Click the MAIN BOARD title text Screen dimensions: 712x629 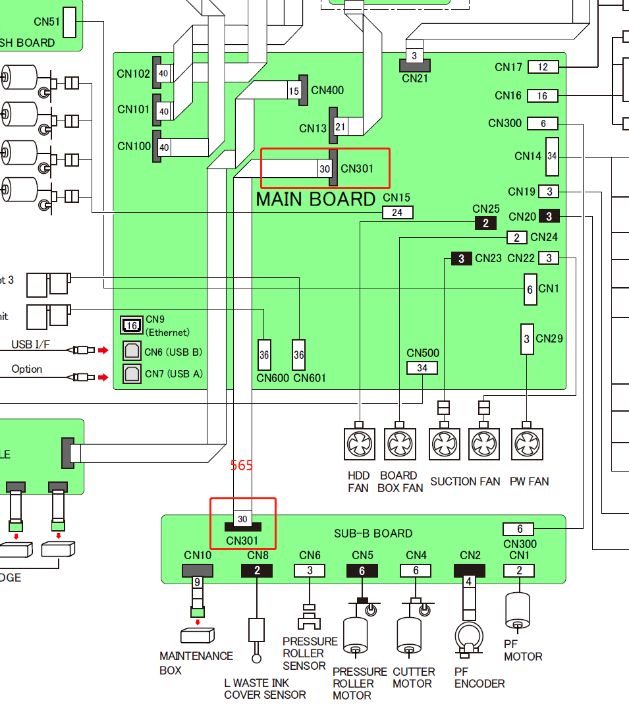click(x=315, y=199)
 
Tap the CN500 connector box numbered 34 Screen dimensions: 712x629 click(x=422, y=368)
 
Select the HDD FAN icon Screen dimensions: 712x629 click(x=360, y=445)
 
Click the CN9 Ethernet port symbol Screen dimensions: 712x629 click(x=131, y=325)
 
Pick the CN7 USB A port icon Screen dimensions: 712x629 click(x=132, y=373)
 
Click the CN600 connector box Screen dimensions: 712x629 click(x=264, y=355)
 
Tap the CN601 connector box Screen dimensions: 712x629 click(x=299, y=355)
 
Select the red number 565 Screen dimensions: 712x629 click(x=242, y=465)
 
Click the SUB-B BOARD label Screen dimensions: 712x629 click(x=373, y=534)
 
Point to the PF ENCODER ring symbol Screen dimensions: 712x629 click(x=469, y=637)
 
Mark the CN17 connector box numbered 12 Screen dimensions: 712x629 click(x=543, y=67)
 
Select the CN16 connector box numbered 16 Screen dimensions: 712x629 click(x=543, y=96)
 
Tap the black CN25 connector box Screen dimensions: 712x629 click(x=485, y=223)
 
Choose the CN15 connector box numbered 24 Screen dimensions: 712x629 click(x=398, y=212)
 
